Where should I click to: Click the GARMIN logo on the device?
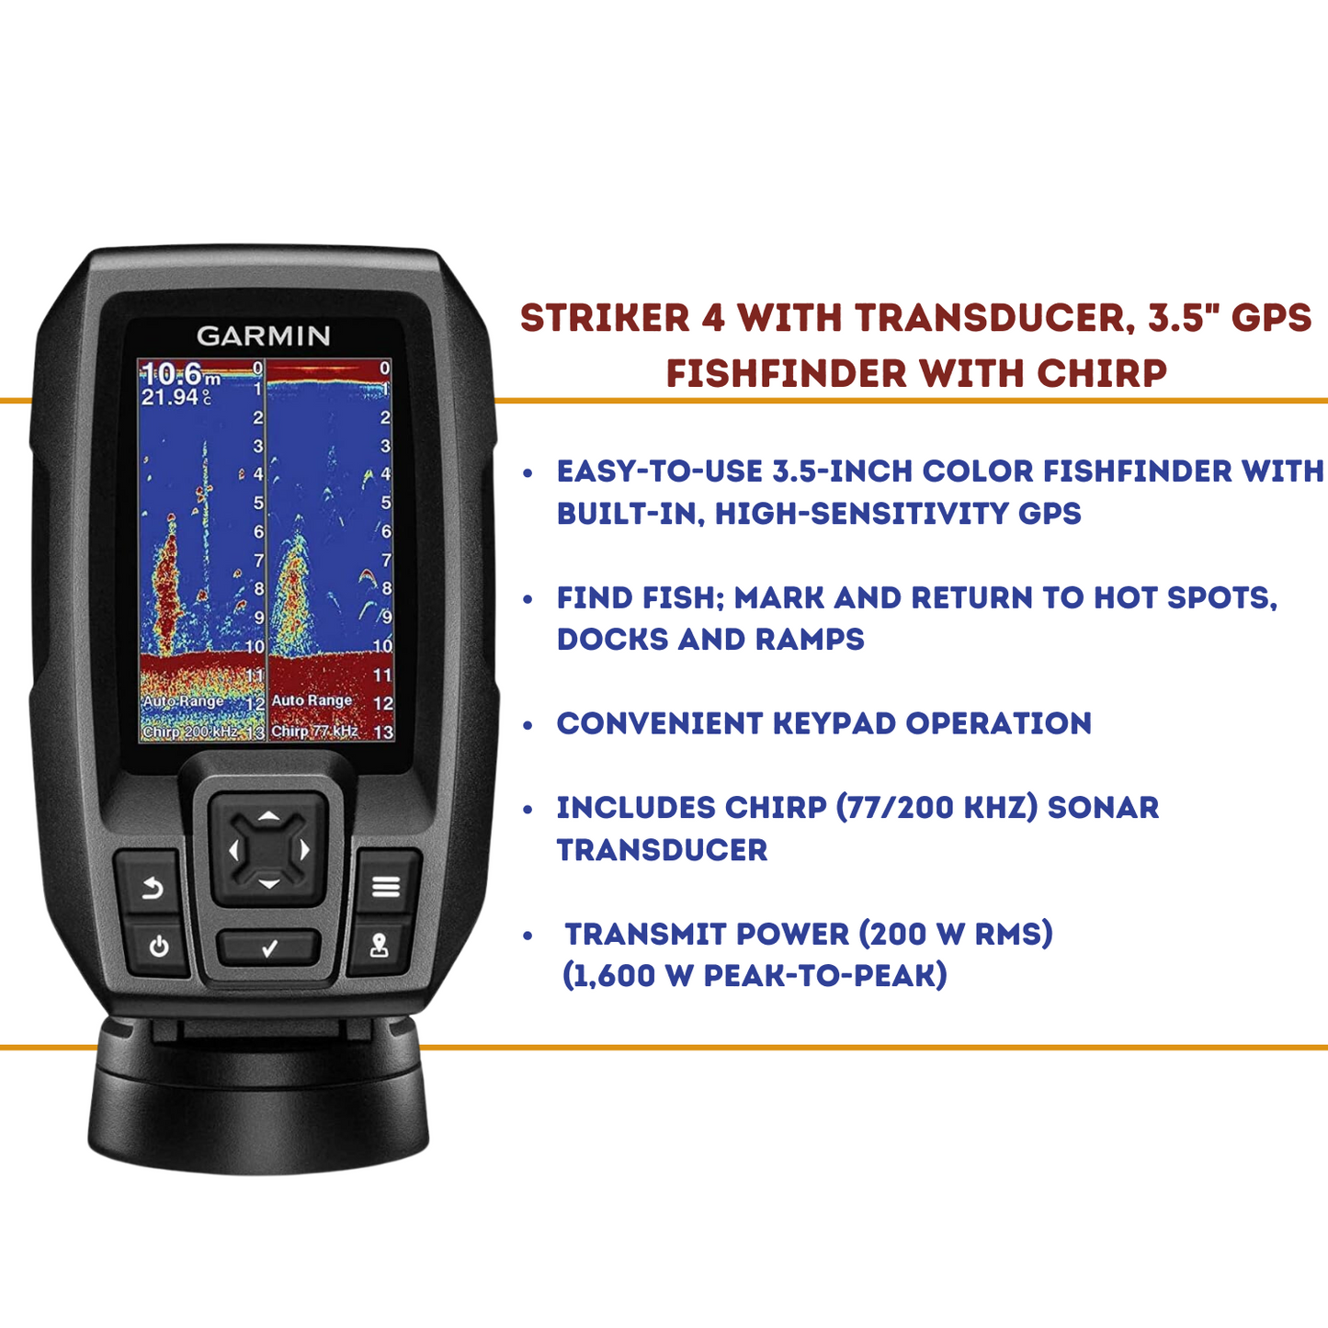(263, 335)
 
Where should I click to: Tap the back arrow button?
(152, 889)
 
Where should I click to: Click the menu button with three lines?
(386, 887)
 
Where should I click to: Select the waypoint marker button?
(379, 946)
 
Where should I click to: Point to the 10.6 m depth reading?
(180, 375)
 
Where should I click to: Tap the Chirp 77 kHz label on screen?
(314, 731)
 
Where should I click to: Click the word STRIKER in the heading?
(605, 318)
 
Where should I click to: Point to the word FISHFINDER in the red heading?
(787, 373)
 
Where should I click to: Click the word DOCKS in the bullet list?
(613, 640)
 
